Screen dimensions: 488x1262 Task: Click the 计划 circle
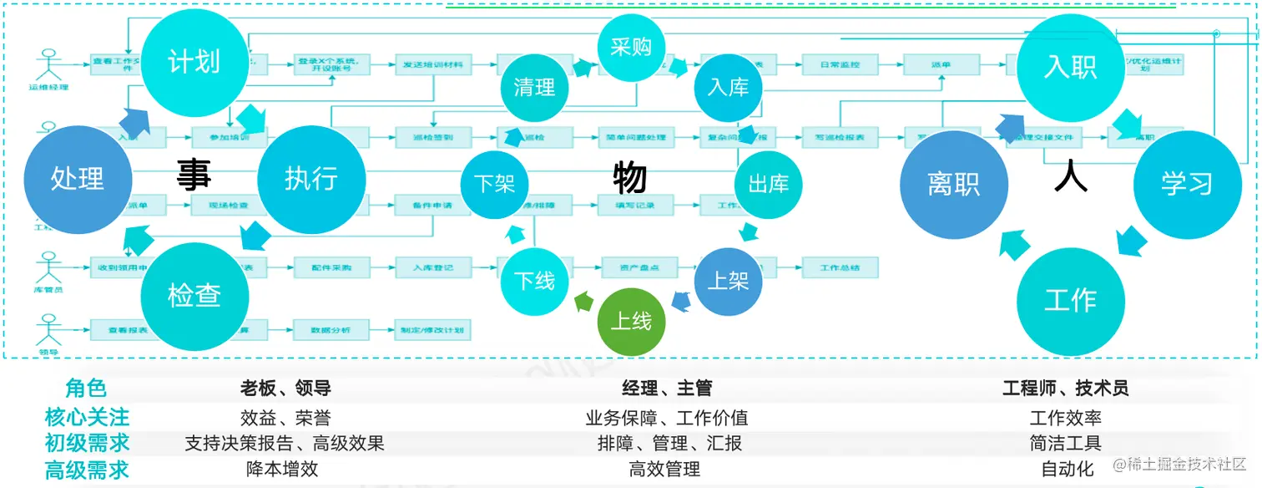pos(194,63)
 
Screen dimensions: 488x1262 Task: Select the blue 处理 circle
pos(78,178)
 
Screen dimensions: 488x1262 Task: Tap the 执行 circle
pos(311,179)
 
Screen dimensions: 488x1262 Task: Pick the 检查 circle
pos(194,295)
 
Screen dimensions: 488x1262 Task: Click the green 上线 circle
pos(631,321)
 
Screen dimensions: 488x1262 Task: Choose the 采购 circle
pos(631,48)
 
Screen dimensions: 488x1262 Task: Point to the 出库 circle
pos(768,184)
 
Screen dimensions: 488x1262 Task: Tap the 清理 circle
pos(534,87)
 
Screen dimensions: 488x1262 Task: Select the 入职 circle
pos(1070,67)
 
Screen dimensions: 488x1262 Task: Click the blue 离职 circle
pos(953,184)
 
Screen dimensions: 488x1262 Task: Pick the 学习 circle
pos(1186,184)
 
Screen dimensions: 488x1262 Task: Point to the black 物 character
pos(630,178)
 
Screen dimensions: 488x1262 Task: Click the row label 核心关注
pos(87,417)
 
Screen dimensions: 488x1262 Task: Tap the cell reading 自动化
pos(1068,469)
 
